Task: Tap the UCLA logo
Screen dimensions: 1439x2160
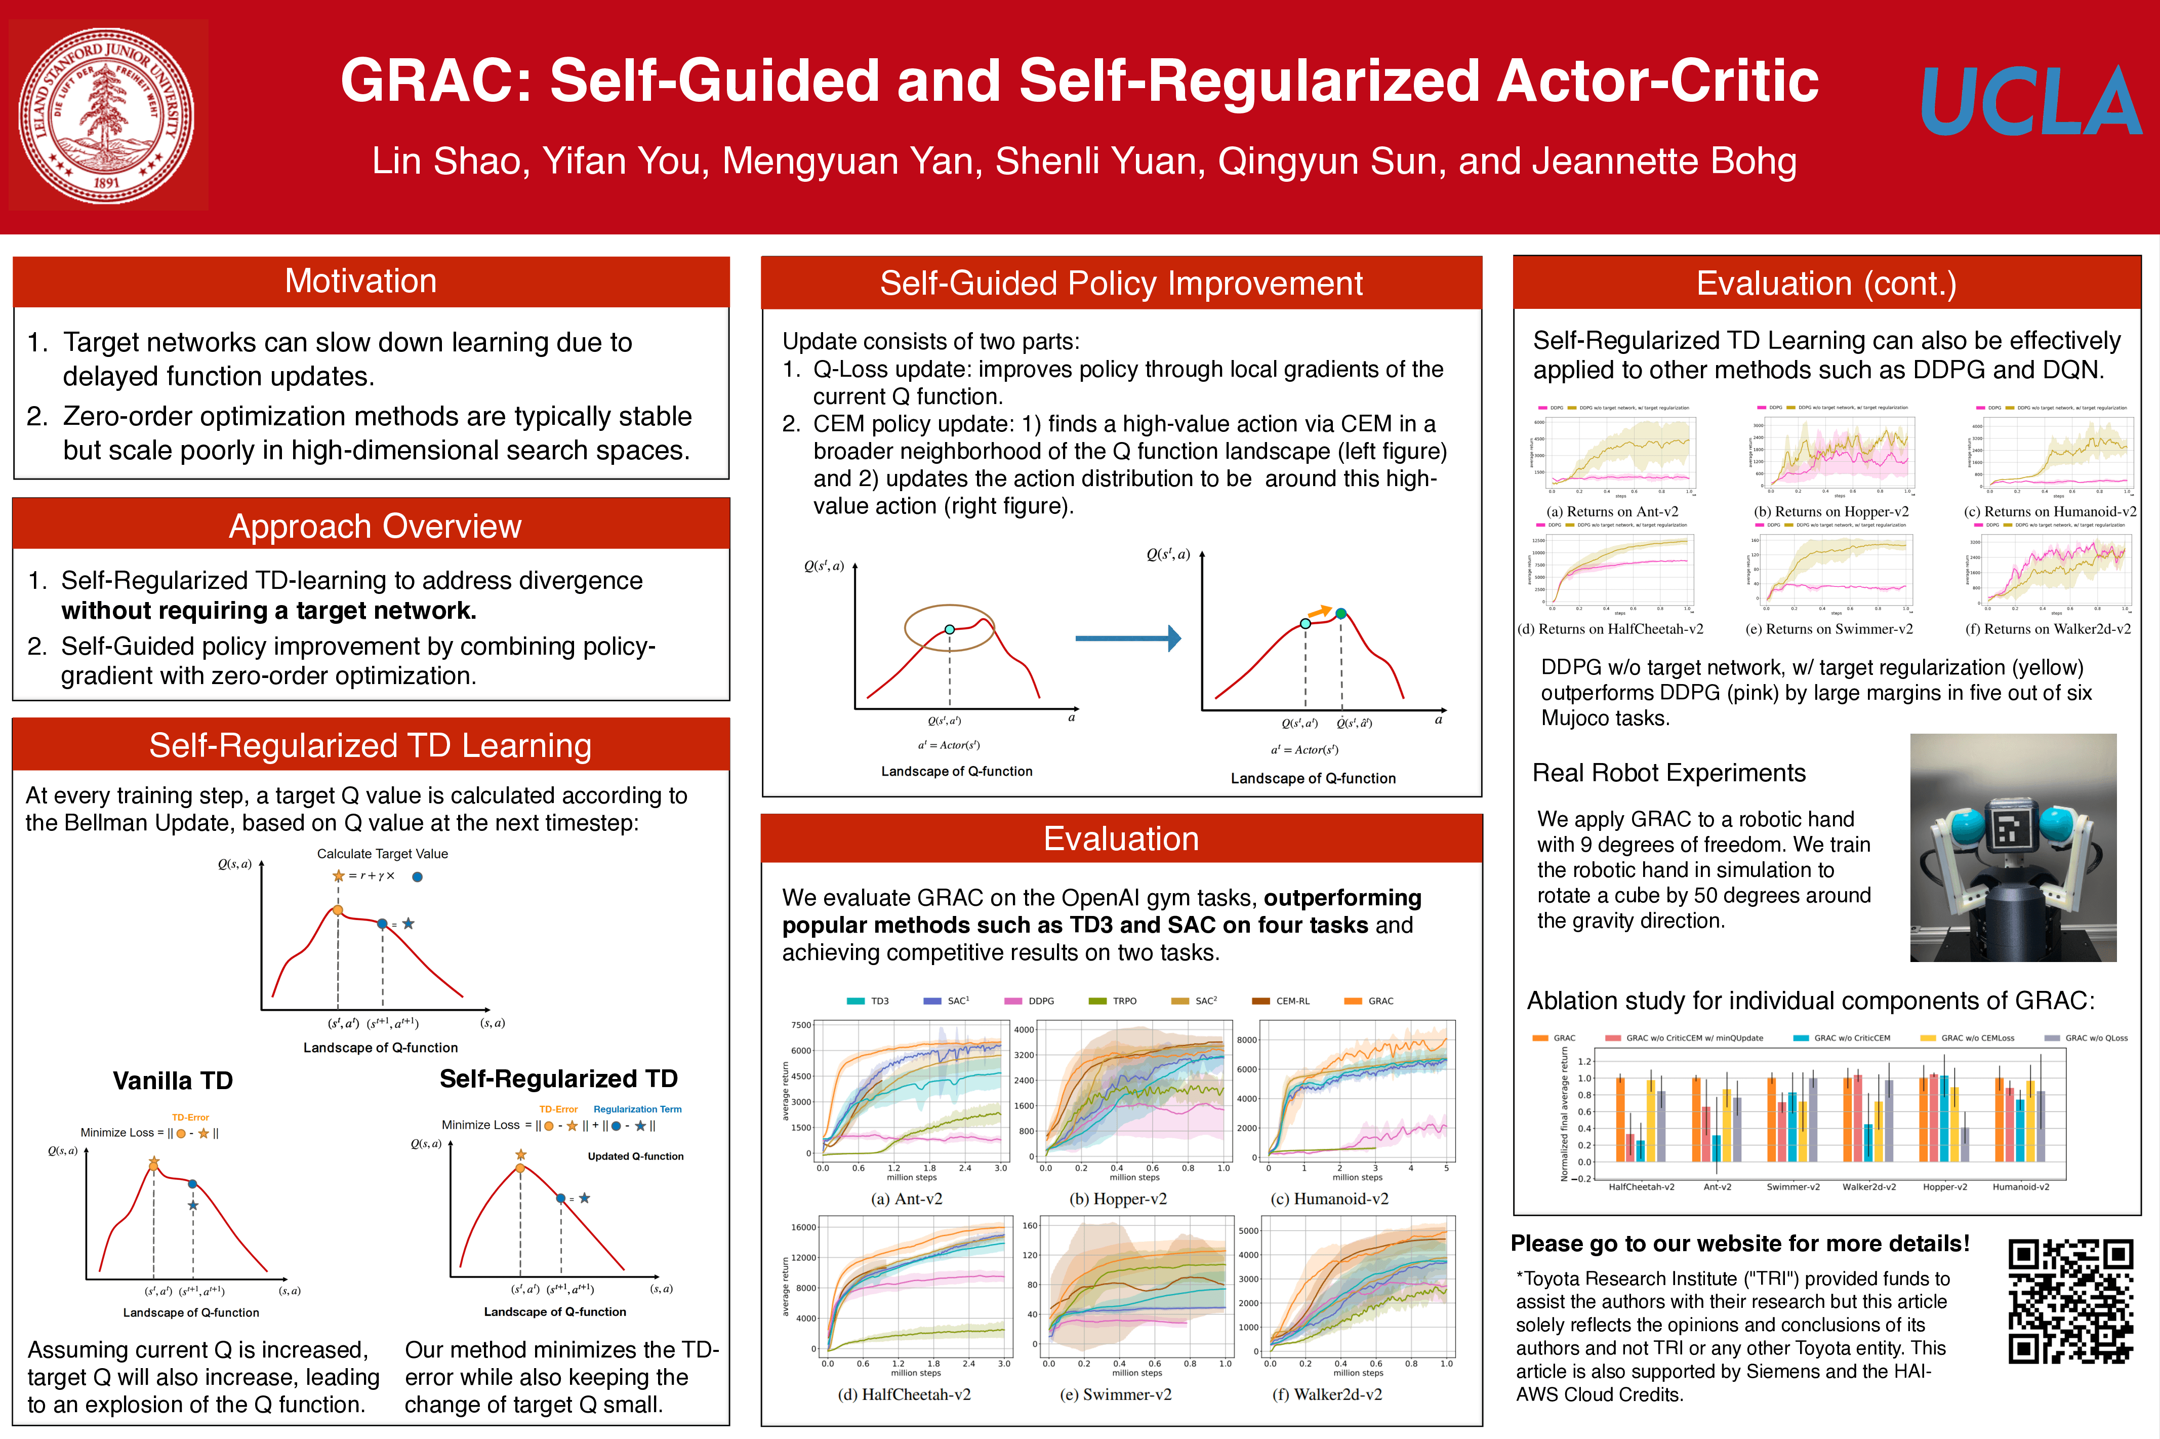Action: (2030, 101)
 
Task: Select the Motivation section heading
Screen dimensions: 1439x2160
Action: (360, 282)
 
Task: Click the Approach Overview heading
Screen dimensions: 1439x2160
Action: (375, 527)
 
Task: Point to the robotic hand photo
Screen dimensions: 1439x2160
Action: (2012, 847)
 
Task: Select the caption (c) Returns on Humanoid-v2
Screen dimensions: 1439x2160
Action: (2050, 512)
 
